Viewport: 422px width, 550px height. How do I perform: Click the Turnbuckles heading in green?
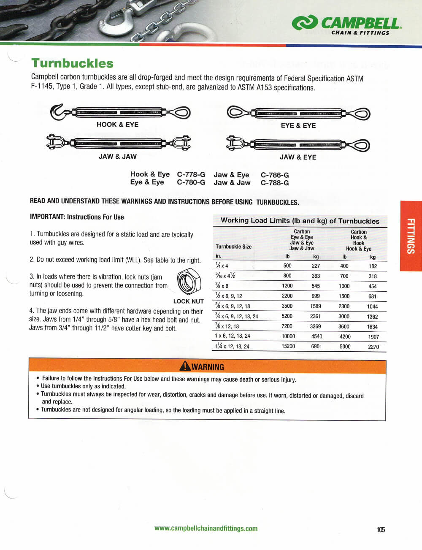(72, 63)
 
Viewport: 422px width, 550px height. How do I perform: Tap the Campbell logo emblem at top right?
(305, 23)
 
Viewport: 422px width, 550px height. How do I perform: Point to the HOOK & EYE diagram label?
(117, 125)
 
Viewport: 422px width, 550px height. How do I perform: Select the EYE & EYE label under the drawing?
(298, 125)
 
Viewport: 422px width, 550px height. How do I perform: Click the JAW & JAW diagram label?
(117, 157)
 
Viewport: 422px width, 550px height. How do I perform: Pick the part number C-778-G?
(191, 174)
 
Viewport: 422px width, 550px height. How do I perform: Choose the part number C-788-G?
(275, 183)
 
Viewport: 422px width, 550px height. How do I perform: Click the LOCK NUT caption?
(188, 301)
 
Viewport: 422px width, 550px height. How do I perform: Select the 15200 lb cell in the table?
(288, 346)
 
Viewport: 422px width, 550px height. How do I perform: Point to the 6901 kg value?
(316, 346)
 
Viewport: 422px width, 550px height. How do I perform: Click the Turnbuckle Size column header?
(233, 247)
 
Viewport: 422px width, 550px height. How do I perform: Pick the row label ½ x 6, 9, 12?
(229, 296)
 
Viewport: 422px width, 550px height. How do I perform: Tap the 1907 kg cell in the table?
(373, 336)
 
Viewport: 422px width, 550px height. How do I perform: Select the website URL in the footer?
(206, 528)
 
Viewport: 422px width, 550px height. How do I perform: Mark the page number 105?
(380, 530)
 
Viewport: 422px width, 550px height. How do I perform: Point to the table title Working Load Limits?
(300, 221)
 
